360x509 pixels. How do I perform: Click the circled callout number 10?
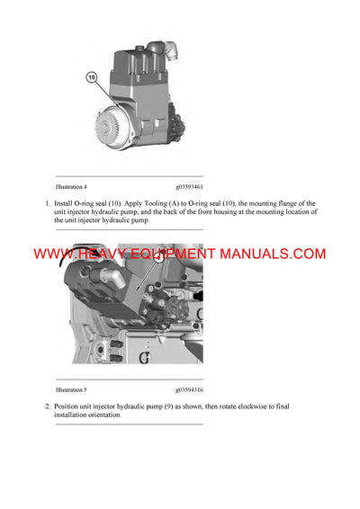tap(92, 77)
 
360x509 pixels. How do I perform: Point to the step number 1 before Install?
tap(47, 203)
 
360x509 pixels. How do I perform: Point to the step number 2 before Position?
tap(47, 406)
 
